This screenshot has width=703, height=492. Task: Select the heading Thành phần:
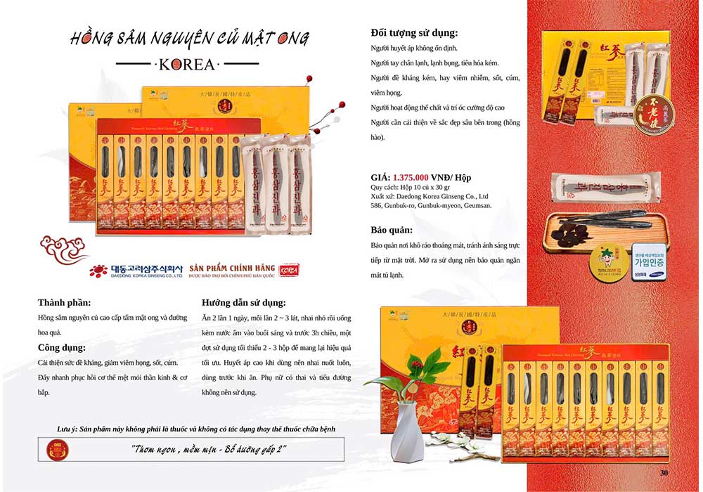(x=65, y=303)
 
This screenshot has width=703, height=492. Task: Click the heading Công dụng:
(x=62, y=347)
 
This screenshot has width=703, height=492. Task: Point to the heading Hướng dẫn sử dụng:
(x=243, y=303)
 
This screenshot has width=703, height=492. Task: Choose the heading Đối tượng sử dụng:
(x=415, y=32)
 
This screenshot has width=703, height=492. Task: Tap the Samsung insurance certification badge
(x=647, y=261)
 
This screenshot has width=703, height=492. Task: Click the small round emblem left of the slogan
(x=53, y=448)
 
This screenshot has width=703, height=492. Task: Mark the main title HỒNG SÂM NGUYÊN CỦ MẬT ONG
(x=190, y=39)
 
